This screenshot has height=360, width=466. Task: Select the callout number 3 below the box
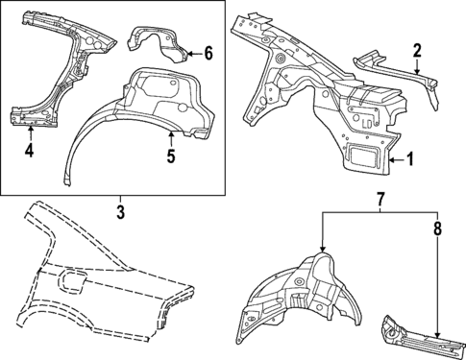120,210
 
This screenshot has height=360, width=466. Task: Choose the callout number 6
208,53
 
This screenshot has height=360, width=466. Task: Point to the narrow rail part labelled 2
394,72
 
